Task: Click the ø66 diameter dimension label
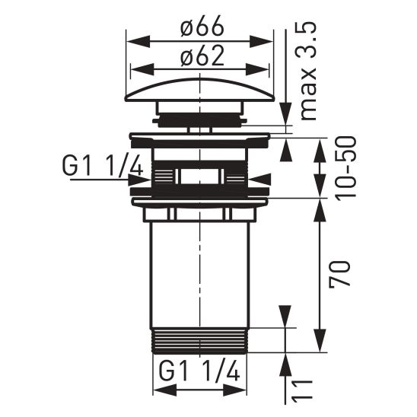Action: [201, 27]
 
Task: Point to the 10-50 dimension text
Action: [342, 168]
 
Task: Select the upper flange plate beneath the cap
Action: [200, 138]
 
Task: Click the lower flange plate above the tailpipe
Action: [200, 202]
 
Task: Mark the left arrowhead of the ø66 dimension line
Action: [131, 40]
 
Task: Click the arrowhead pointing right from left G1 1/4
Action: [142, 179]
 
